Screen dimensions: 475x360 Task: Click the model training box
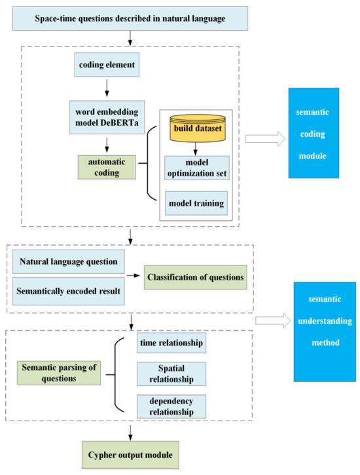[197, 203]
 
